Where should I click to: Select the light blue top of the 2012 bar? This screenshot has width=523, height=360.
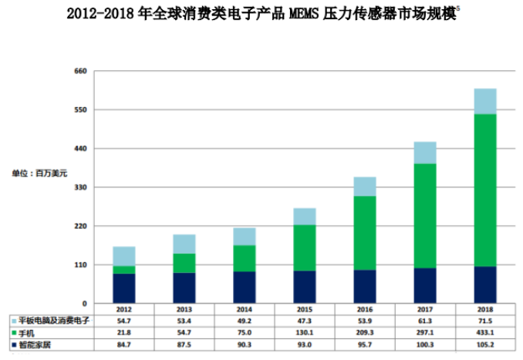point(123,256)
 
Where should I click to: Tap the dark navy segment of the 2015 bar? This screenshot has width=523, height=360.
point(304,287)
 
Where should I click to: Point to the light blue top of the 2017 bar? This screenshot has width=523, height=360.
point(425,153)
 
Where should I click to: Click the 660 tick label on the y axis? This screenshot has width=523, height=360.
point(80,72)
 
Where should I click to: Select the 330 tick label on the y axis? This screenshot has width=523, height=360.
point(80,187)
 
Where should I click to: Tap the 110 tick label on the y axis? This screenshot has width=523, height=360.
point(80,265)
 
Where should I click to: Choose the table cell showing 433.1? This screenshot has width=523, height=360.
point(484,331)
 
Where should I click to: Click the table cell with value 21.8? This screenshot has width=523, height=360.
point(123,331)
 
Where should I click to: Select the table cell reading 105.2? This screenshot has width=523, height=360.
point(484,344)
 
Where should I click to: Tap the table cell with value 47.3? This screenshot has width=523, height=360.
point(304,320)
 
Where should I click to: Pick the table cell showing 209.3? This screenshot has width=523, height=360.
point(364,331)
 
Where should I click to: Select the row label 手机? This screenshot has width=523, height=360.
point(27,332)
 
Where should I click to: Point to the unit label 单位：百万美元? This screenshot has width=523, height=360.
point(39,173)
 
